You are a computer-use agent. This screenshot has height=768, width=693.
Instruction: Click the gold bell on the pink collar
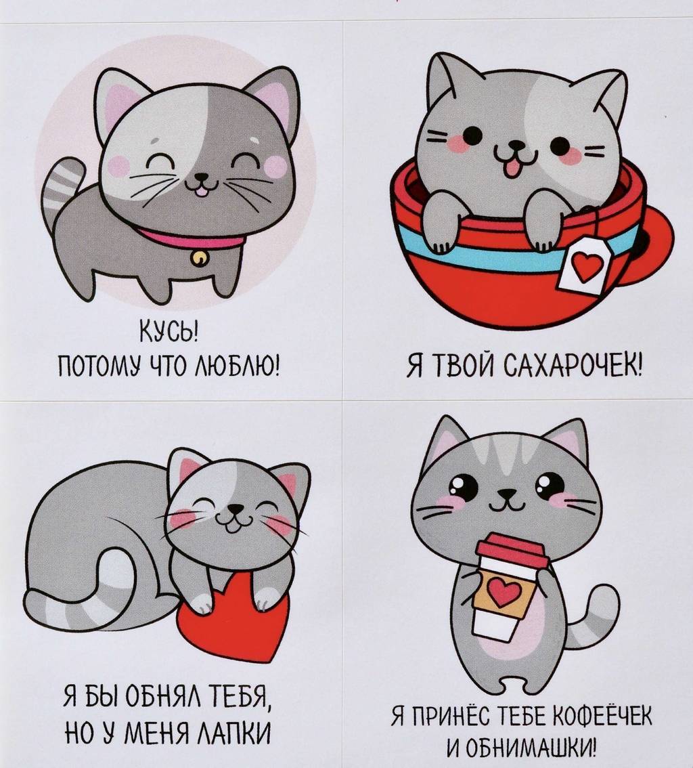[200, 257]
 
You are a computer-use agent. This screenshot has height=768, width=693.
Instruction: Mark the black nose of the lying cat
[235, 509]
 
